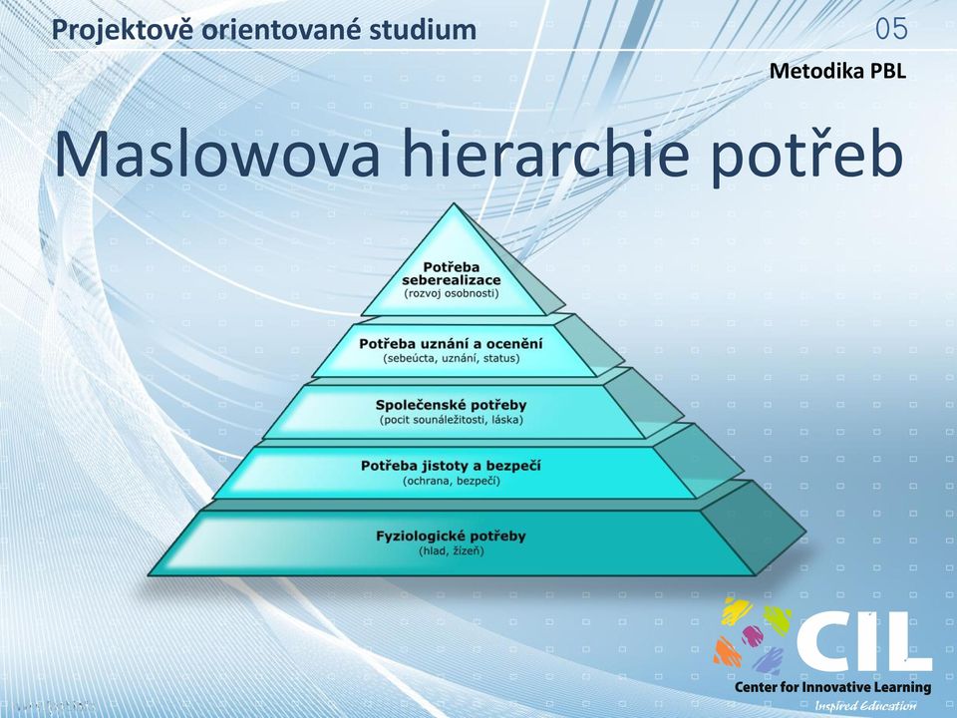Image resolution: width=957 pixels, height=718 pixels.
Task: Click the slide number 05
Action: tap(891, 29)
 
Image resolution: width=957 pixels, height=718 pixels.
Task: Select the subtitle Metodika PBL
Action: tap(837, 71)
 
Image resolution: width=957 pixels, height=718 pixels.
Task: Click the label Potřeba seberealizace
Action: tap(452, 273)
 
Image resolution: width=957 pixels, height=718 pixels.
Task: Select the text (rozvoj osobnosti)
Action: tap(452, 293)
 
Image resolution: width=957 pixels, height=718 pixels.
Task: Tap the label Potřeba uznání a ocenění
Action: tap(451, 344)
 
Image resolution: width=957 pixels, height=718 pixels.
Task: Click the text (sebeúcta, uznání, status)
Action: tap(452, 358)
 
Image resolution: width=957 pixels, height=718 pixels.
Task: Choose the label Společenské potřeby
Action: tap(451, 406)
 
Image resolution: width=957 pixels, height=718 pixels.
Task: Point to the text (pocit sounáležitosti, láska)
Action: tap(452, 420)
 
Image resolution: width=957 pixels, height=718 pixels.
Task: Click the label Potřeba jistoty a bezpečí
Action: tap(451, 467)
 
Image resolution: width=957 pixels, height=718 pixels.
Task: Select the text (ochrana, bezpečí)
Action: tap(452, 481)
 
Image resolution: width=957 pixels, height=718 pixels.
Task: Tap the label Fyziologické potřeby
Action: tap(451, 537)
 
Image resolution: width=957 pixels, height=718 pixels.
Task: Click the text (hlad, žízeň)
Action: tap(452, 551)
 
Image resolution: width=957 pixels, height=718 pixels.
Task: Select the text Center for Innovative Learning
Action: tap(833, 687)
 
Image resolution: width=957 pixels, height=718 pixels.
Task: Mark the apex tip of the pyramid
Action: tap(455, 203)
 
